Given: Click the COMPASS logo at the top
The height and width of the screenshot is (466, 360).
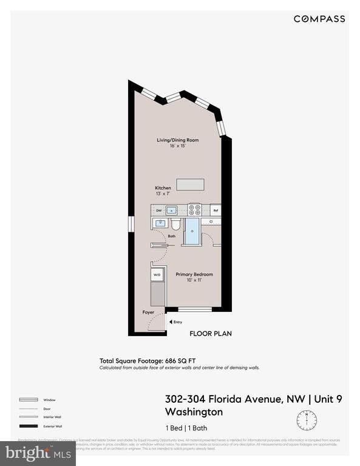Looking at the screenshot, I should pos(319,19).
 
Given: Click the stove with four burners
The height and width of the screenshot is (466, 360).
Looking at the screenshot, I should pos(195,210).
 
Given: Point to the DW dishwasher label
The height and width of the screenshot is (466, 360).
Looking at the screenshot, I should pos(158,211).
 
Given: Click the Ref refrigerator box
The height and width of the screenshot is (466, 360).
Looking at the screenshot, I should pos(216,211).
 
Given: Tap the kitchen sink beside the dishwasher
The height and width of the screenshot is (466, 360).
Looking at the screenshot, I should pos(172,211).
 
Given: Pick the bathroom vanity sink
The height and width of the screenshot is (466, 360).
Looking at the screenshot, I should pos(160,224).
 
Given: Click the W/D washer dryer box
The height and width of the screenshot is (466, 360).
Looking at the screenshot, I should pos(157,275).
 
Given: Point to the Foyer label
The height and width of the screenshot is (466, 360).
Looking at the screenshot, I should pos(148,312).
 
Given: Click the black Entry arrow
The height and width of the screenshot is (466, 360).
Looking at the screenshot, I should pos(170,322).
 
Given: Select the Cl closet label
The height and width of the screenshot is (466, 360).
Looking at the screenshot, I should pos(211,222).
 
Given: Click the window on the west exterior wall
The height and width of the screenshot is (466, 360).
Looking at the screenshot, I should pos(130,224).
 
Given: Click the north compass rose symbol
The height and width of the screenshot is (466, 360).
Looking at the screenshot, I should pos(307,419).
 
